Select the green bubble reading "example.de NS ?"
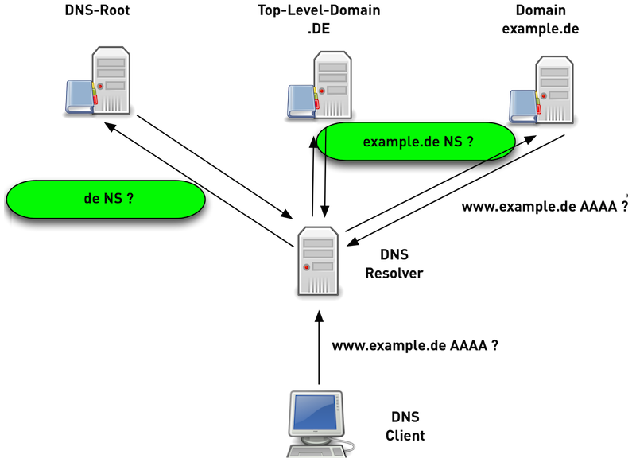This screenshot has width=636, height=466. (416, 142)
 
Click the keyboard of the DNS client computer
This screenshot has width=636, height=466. (319, 453)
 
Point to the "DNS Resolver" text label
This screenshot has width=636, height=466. (394, 265)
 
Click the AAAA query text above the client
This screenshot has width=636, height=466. (416, 347)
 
